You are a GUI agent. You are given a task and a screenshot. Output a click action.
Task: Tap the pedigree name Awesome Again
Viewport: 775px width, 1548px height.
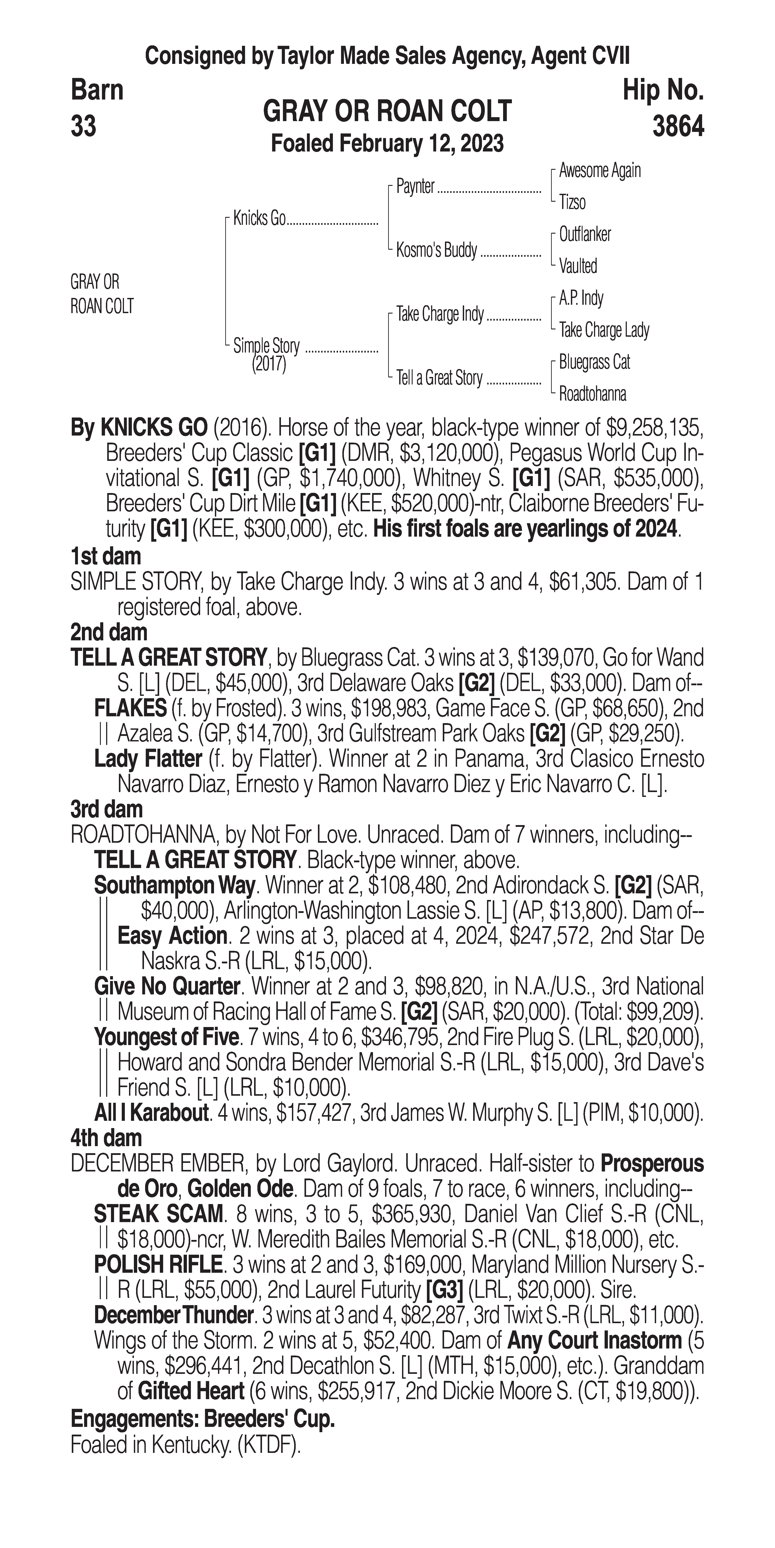click(600, 171)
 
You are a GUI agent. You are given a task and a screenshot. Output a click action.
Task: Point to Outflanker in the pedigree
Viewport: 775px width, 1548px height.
click(585, 234)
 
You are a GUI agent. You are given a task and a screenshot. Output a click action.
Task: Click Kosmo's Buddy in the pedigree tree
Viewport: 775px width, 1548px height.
click(436, 250)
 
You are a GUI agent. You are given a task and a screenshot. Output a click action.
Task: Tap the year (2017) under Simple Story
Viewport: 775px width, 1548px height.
click(269, 364)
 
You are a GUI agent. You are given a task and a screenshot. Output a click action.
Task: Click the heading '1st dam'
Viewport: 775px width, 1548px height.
click(106, 556)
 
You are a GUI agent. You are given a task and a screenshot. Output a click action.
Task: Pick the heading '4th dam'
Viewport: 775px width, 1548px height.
click(106, 1138)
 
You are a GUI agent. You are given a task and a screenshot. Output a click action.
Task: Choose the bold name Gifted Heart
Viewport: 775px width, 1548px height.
click(190, 1391)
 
